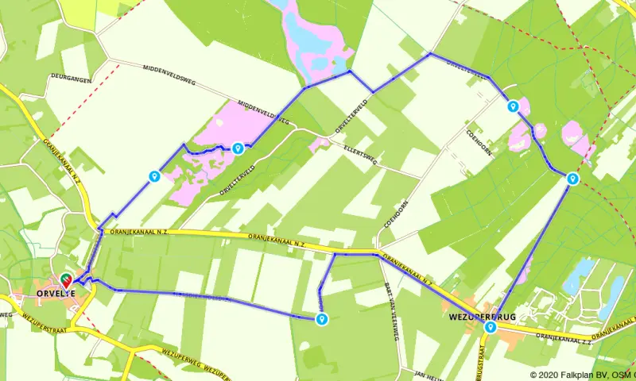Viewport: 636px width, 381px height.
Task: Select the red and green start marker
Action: click(66, 280)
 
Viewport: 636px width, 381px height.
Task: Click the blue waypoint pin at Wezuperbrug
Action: click(491, 327)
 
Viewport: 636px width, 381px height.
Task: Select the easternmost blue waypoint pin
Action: click(572, 179)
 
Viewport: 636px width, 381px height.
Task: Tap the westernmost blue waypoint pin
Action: click(153, 176)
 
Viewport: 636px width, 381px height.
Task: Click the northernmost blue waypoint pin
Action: click(514, 106)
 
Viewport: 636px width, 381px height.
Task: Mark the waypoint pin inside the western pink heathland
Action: click(238, 148)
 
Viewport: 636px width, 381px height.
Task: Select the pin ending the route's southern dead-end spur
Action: click(321, 319)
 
